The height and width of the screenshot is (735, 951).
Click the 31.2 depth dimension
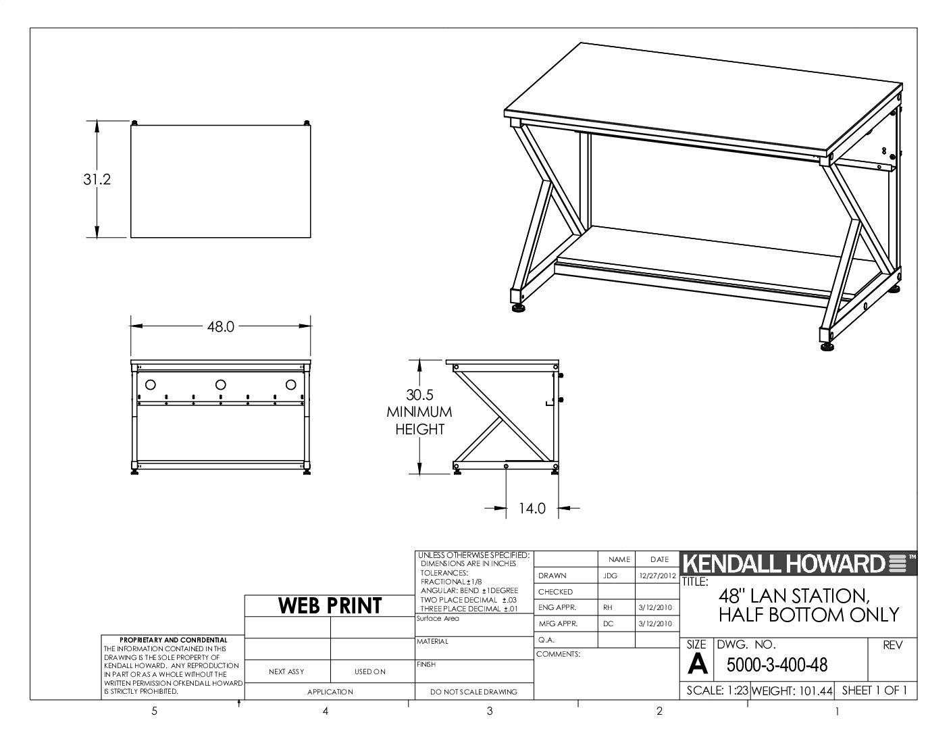(x=97, y=180)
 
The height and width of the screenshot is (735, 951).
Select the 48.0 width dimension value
(x=221, y=326)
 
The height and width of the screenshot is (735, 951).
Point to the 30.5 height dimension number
(x=419, y=395)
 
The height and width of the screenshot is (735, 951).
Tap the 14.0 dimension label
(x=532, y=508)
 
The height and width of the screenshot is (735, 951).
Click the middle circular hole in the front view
(x=221, y=385)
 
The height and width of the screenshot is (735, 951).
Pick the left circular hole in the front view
(x=150, y=385)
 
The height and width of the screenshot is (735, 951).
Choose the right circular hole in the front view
(x=291, y=385)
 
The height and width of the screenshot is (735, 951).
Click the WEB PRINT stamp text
(x=330, y=606)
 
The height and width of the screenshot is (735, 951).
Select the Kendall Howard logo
(x=798, y=563)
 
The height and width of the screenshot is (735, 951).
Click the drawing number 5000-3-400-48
(x=777, y=665)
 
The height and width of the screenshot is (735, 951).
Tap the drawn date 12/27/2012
(x=657, y=576)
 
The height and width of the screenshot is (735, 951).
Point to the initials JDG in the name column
(x=610, y=576)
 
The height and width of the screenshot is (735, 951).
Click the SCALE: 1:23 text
(x=717, y=690)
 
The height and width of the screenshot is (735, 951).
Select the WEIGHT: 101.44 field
(x=792, y=691)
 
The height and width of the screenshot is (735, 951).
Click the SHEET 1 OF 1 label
(x=874, y=690)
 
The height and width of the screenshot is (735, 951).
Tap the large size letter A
(x=697, y=664)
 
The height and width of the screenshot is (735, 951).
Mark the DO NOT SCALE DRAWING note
(x=473, y=692)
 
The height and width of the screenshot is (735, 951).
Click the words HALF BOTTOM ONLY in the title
(x=808, y=615)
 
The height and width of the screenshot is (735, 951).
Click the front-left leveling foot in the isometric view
(x=519, y=308)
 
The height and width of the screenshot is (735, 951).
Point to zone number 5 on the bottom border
(x=154, y=711)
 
